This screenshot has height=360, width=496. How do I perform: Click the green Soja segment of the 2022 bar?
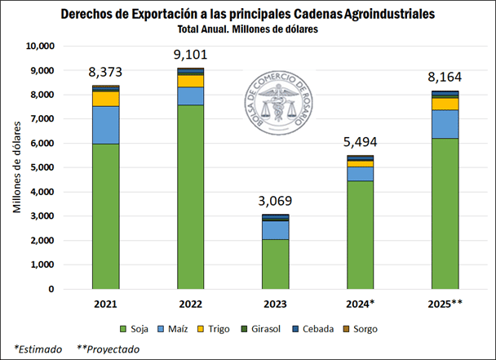coord(191,197)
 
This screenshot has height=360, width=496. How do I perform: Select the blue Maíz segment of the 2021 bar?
coord(106,125)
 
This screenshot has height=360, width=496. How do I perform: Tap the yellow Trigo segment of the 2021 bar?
coord(106,98)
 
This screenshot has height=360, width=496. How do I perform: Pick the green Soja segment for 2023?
coord(276,264)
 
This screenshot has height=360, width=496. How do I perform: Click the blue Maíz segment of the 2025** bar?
coord(445,124)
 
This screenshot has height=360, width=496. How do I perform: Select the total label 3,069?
coord(276,201)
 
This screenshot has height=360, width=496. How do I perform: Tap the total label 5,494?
coord(361,142)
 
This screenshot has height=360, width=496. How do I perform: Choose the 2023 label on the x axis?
coord(276,304)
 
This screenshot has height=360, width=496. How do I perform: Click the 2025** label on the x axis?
coord(445,304)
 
